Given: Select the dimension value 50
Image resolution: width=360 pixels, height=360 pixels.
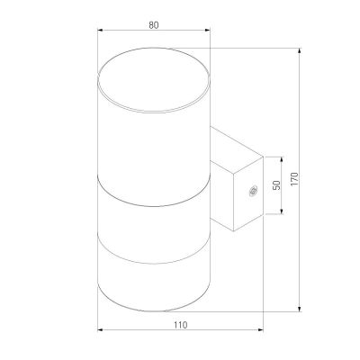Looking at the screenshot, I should pos(277,184).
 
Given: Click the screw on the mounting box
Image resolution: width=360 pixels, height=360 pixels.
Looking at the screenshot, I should pos(252,189).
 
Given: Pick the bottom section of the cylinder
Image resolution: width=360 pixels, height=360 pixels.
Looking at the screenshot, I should pos(153,279).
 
